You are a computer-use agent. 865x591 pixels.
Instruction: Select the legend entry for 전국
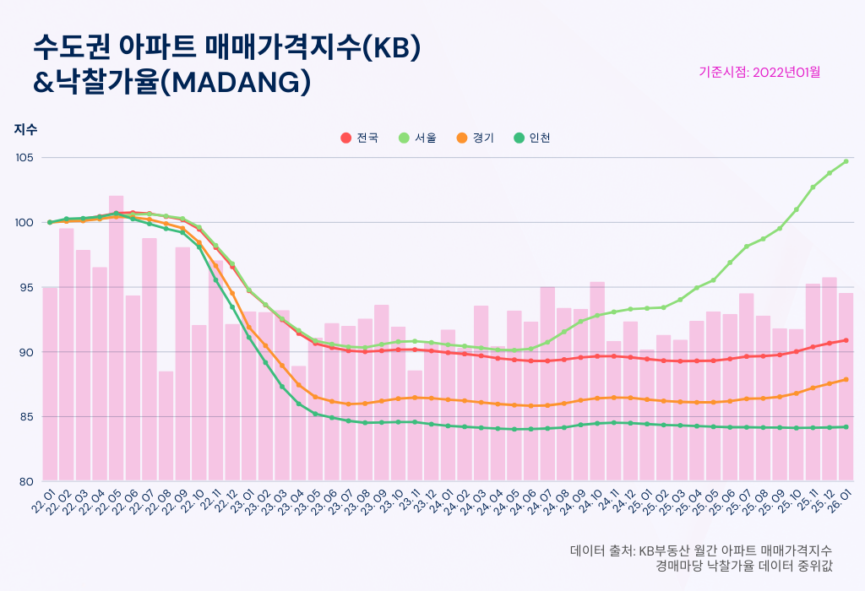360,138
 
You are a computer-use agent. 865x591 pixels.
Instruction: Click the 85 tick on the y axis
25,416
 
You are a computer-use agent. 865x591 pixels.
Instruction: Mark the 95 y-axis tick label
25,287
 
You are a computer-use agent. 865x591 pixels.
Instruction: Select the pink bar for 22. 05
116,338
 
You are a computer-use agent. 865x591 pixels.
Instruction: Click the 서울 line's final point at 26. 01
846,161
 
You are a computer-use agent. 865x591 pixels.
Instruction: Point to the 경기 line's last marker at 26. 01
846,379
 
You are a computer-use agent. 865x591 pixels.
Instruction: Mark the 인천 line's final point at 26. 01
846,427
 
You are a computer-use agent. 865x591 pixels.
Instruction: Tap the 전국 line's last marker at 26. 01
846,340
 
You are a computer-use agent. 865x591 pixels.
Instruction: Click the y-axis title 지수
25,129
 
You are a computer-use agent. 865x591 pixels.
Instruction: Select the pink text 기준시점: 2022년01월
759,72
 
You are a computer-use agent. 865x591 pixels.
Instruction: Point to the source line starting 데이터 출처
701,550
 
